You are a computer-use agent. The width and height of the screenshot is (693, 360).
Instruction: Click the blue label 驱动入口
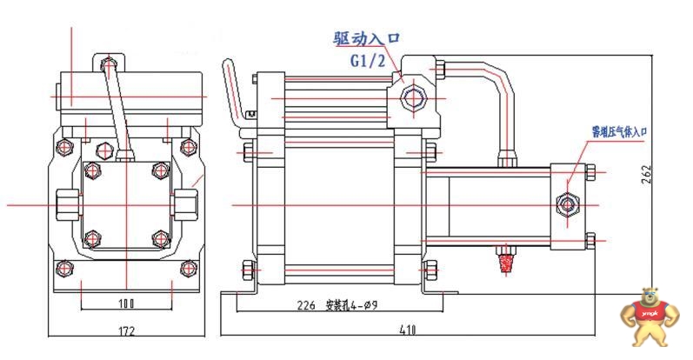tap(369, 38)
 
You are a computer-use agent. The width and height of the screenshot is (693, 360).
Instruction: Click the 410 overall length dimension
tap(408, 331)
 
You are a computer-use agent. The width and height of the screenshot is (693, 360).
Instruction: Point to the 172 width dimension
tap(128, 331)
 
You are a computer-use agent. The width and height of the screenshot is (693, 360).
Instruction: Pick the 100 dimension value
tap(128, 304)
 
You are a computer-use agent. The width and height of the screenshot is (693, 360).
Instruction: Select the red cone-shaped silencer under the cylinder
tap(503, 259)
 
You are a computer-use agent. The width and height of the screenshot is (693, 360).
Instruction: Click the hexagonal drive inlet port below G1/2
tap(410, 98)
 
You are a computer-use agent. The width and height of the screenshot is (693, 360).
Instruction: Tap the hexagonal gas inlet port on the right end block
tap(568, 204)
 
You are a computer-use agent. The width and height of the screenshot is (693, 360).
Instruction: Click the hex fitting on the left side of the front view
tap(66, 204)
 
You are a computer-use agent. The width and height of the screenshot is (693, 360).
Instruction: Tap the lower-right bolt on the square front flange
tap(158, 237)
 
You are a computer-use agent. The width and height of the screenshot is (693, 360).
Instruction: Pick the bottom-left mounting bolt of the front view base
tap(61, 266)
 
